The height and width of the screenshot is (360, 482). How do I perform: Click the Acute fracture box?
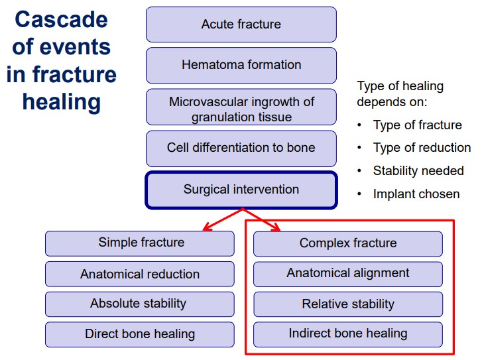click(241, 25)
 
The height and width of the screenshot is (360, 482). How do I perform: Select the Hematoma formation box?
click(241, 65)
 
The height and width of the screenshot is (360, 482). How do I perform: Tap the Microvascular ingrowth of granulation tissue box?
click(241, 107)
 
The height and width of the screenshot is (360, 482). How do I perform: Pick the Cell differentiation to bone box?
click(241, 149)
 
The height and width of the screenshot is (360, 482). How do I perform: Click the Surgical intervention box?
click(241, 190)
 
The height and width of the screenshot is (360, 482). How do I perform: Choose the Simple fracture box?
click(140, 243)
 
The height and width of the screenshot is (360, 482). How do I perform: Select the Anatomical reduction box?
click(140, 274)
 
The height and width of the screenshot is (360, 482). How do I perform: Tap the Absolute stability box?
click(140, 304)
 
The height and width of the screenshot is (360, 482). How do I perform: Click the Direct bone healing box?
click(140, 335)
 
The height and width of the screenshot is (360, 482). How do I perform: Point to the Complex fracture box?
click(348, 244)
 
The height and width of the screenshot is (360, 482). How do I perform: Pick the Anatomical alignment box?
click(348, 274)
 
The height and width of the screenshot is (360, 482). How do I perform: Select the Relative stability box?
click(348, 304)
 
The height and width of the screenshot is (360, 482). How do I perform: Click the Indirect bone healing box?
click(348, 335)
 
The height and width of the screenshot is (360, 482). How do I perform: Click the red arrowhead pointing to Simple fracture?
click(207, 227)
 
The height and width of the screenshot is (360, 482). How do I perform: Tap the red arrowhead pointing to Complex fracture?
click(275, 227)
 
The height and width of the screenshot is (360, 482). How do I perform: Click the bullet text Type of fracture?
click(418, 125)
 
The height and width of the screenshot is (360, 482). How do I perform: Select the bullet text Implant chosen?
click(416, 194)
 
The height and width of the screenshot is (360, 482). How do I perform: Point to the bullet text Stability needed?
click(418, 170)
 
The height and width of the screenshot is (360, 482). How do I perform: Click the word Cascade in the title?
click(61, 20)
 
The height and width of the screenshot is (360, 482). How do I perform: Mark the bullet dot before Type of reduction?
click(359, 148)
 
